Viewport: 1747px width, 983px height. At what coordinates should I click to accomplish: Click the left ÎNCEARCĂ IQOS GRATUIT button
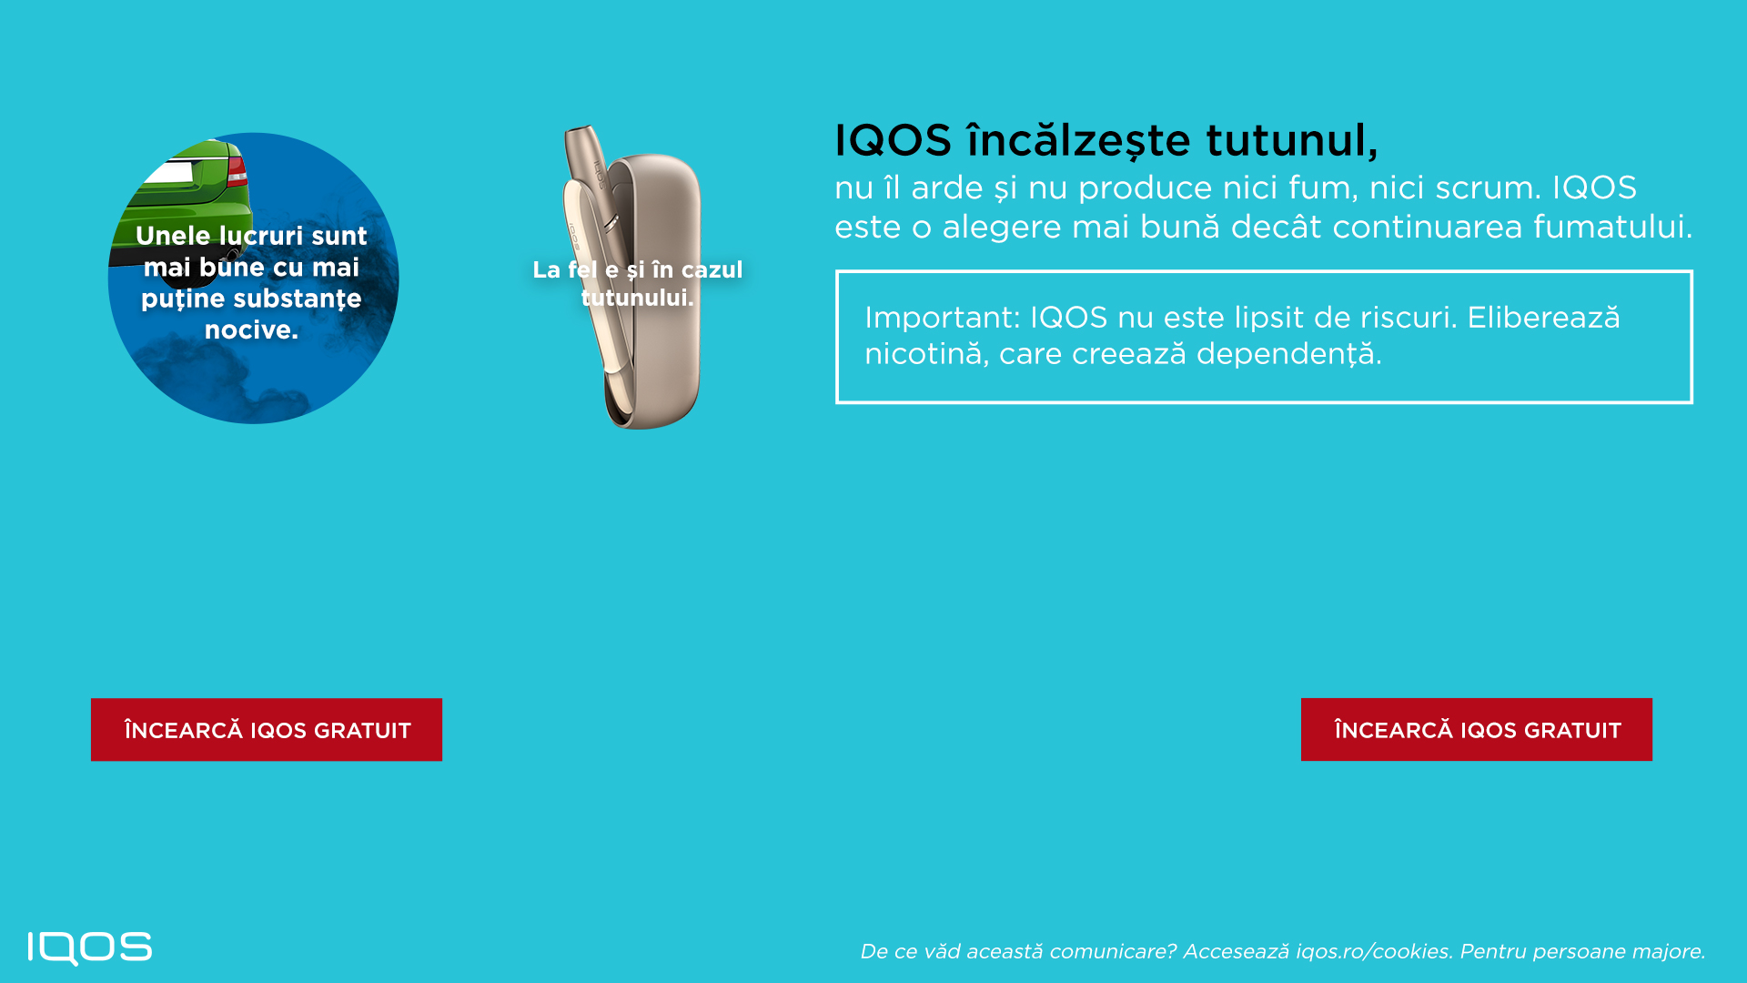(267, 730)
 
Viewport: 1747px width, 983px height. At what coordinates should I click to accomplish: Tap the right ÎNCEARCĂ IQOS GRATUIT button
(1477, 730)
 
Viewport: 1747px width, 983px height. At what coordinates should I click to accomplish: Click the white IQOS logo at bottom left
(90, 948)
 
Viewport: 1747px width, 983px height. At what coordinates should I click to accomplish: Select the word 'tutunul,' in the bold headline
(1292, 140)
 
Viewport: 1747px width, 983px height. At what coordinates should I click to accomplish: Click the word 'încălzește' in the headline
(1078, 140)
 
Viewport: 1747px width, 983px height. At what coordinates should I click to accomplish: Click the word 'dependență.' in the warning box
(1288, 354)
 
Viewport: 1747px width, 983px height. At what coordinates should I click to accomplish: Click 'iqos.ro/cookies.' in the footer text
(1373, 951)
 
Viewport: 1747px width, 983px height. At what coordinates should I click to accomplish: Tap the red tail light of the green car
(237, 170)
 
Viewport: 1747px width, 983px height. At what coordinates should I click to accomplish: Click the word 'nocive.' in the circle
(251, 329)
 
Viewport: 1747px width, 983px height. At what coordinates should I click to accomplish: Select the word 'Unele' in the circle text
(173, 236)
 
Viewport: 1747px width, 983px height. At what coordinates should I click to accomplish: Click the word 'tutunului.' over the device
(637, 298)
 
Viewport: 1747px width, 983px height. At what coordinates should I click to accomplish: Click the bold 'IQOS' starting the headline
(894, 140)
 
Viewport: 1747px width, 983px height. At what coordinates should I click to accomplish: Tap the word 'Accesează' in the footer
(1236, 951)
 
